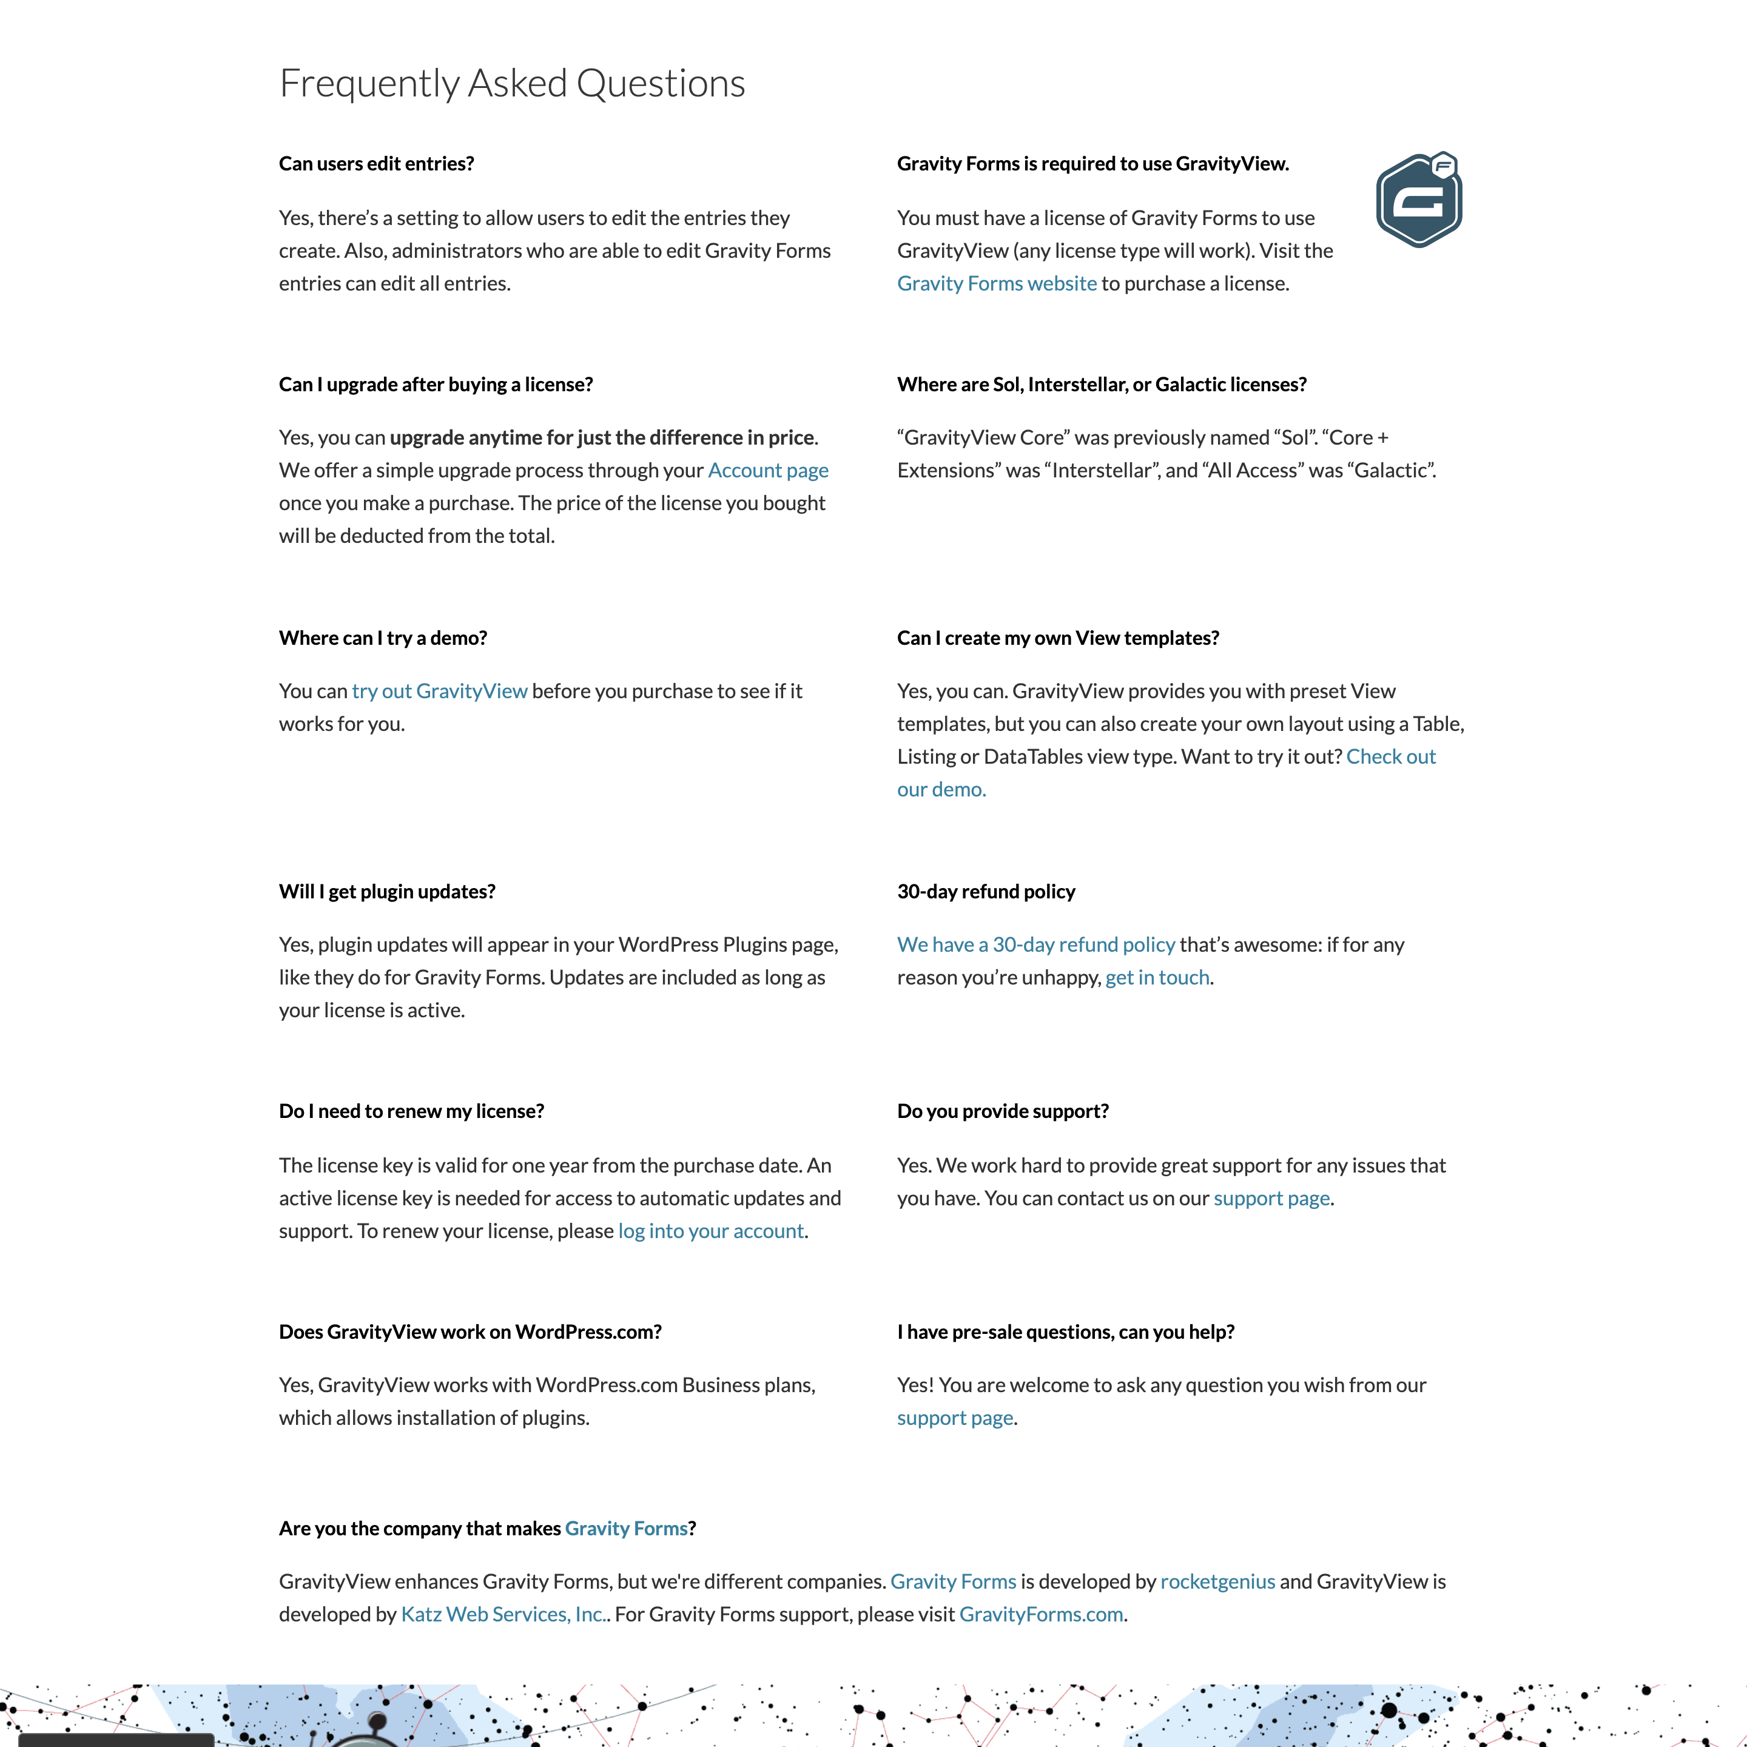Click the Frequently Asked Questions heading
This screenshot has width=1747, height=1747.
[x=512, y=83]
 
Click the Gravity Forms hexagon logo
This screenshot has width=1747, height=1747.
[x=1419, y=200]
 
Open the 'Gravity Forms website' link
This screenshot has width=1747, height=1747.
[x=997, y=284]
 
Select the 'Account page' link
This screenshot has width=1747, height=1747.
[x=768, y=470]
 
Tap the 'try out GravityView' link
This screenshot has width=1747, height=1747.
[x=439, y=691]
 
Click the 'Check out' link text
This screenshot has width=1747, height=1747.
[x=1391, y=757]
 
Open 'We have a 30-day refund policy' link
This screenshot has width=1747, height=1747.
[x=1035, y=945]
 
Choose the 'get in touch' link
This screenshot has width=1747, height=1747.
[x=1157, y=977]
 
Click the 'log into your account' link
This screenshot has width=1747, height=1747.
[x=711, y=1231]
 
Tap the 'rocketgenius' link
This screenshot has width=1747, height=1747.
[x=1217, y=1581]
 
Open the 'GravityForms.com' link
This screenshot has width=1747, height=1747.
[x=1041, y=1614]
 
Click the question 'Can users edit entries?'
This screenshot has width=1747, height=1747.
[x=376, y=164]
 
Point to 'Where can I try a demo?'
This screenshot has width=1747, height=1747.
[x=383, y=638]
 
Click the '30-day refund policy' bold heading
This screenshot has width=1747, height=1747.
[x=986, y=892]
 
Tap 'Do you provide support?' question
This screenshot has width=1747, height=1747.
[x=1002, y=1111]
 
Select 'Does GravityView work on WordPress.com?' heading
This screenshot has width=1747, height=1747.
[x=470, y=1332]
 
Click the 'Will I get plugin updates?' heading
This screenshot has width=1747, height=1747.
[x=387, y=892]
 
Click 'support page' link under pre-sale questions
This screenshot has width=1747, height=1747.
[x=955, y=1418]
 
